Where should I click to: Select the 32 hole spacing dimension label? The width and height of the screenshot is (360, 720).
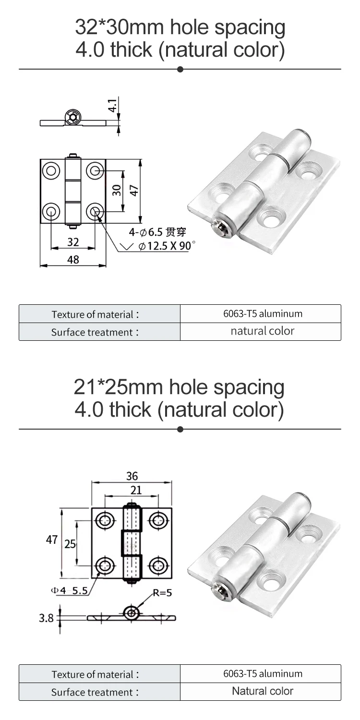tap(73, 242)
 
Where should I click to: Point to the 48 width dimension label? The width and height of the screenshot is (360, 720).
tap(73, 259)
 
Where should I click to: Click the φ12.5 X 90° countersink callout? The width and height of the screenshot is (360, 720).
tap(167, 246)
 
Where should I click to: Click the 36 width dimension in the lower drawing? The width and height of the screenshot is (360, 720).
tap(132, 476)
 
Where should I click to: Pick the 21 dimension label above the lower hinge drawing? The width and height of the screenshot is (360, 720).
tap(136, 490)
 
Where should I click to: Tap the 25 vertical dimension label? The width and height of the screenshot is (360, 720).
tap(70, 544)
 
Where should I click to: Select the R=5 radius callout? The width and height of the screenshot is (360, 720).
tap(162, 592)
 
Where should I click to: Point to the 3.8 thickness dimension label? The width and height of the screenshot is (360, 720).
tap(46, 618)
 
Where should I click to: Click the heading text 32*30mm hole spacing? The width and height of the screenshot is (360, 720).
tap(180, 28)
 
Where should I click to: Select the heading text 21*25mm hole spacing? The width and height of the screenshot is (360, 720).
tap(180, 387)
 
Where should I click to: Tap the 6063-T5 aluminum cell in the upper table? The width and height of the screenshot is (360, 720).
tap(263, 314)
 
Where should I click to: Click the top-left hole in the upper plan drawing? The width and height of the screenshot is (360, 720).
tap(50, 170)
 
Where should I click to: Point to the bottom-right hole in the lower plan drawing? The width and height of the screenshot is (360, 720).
tap(158, 566)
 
